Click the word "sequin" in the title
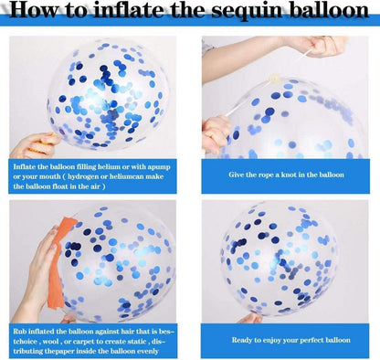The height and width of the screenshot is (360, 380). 248,11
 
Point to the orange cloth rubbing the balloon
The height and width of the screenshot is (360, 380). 58,262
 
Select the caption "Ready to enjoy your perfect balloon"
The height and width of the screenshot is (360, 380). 290,340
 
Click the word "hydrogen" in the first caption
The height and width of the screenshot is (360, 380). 82,176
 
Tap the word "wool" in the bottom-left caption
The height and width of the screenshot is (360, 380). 50,341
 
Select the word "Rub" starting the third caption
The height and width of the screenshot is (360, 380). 18,332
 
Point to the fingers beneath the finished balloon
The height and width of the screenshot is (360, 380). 251,318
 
